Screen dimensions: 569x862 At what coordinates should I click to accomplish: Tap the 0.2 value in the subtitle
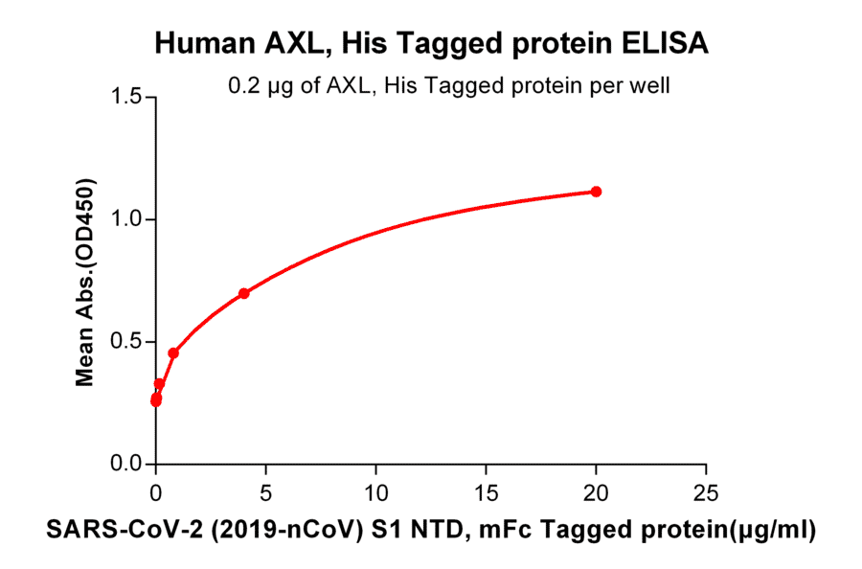241,86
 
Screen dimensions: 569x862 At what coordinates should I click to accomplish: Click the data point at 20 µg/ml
596,192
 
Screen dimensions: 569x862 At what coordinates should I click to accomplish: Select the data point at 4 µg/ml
244,293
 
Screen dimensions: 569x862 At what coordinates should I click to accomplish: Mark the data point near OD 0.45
173,353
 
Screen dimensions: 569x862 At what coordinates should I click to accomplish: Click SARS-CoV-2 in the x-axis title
102,534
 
